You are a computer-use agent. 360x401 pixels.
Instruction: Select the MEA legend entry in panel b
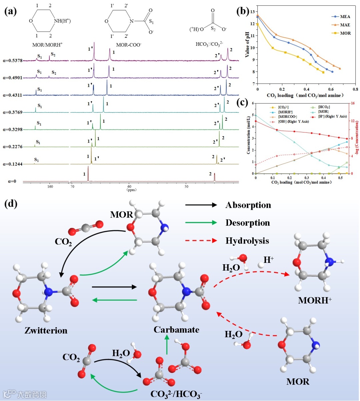coord(345,16)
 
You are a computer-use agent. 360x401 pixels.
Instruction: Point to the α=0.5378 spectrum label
coord(13,61)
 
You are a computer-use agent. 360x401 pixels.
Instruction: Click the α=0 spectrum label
coord(12,181)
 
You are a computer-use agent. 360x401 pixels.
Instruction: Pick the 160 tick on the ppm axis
coord(50,187)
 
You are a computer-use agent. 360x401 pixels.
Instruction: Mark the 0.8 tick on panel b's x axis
coord(355,89)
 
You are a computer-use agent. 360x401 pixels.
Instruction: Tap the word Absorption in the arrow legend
coord(248,205)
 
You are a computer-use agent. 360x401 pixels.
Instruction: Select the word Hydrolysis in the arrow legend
coord(247,241)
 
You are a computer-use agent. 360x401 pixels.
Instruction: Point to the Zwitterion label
coord(46,330)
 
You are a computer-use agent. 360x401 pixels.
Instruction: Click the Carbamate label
coord(176,330)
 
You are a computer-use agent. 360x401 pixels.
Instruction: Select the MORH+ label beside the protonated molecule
coord(315,300)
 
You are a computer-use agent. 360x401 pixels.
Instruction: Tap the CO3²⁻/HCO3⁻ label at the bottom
coord(176,394)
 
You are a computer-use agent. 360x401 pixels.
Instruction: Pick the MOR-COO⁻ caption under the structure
coord(129,44)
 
